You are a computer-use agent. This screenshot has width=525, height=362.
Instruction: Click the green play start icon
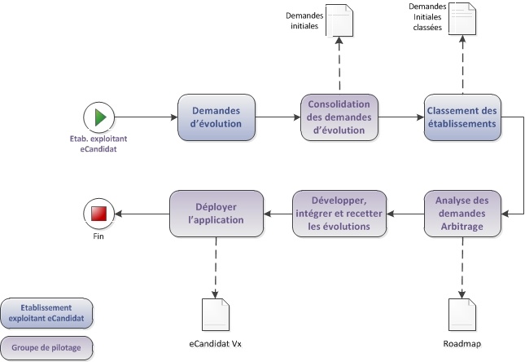click(x=99, y=117)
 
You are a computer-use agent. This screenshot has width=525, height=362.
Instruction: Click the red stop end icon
click(x=99, y=214)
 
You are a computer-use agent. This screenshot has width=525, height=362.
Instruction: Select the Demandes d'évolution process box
click(x=217, y=117)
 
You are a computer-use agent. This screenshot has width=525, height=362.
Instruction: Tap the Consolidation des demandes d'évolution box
click(x=339, y=117)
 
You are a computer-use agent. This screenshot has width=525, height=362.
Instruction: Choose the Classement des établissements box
click(x=462, y=117)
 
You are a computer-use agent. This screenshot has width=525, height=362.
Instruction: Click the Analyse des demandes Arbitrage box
click(x=462, y=214)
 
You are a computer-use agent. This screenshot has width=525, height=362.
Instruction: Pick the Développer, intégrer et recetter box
click(x=339, y=214)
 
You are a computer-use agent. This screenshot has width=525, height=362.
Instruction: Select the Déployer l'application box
click(x=217, y=214)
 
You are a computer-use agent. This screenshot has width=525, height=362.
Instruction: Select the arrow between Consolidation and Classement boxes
click(x=400, y=117)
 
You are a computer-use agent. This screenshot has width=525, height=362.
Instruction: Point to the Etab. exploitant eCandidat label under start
click(x=99, y=144)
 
